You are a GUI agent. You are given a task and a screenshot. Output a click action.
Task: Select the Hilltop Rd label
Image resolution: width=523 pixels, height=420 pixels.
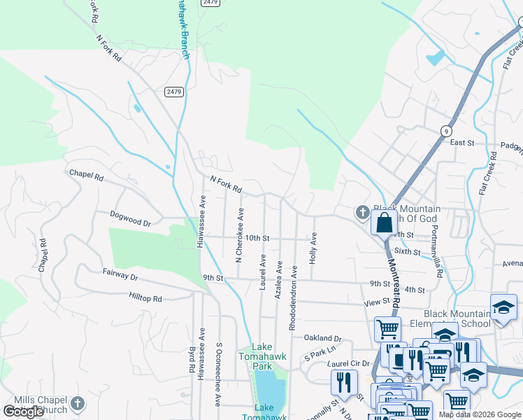145,298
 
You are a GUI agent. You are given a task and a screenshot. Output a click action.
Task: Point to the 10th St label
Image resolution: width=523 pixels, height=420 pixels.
257,239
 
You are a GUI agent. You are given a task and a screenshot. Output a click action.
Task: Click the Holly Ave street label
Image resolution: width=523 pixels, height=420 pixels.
314,248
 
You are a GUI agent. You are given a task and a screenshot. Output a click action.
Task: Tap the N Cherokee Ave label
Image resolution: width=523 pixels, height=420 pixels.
239,234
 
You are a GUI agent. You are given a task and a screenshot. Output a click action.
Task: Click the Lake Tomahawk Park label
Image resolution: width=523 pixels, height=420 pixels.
262,356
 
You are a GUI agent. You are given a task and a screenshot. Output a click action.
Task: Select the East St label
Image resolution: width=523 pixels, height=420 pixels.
462,143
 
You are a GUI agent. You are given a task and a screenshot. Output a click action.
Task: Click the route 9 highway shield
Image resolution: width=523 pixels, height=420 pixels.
446,131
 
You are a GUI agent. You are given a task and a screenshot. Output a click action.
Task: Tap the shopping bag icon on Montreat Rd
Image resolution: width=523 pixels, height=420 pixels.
385,224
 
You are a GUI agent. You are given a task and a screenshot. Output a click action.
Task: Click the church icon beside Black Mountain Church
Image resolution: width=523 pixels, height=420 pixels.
362,211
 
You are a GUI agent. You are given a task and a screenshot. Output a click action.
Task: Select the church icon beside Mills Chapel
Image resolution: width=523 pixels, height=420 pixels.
78,403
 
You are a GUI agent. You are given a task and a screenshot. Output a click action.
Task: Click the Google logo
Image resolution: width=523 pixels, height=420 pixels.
24,412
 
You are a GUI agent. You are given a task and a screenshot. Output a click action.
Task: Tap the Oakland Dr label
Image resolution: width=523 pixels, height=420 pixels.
322,337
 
